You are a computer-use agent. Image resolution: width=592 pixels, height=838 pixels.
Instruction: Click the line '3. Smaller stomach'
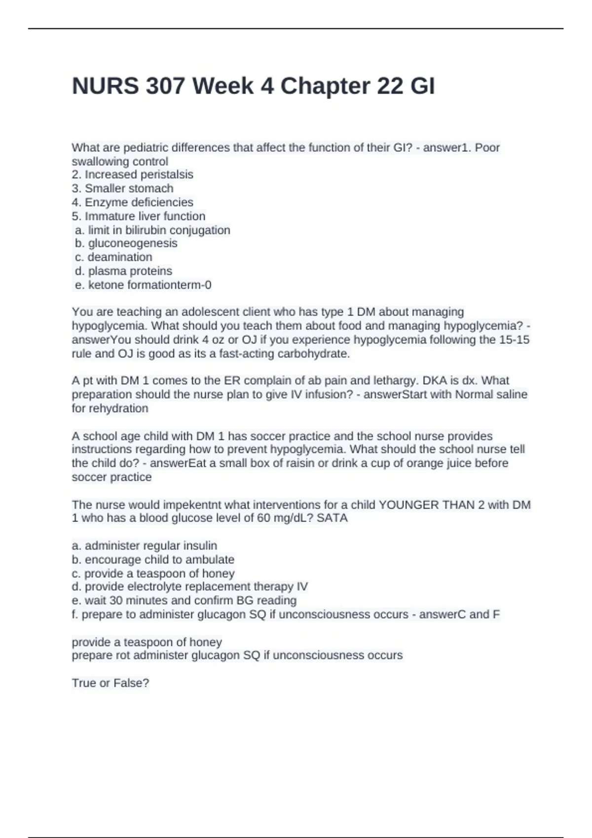122,188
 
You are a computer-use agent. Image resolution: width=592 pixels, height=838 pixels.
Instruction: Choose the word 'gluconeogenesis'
133,243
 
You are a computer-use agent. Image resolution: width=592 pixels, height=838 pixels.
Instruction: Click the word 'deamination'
120,257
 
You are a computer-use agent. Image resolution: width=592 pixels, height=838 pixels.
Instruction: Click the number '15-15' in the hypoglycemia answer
514,340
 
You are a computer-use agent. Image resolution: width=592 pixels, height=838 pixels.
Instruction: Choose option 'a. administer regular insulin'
145,546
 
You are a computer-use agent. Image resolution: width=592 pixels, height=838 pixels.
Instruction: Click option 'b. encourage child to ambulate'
153,559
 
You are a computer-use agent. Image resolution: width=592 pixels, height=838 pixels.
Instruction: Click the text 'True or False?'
111,683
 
